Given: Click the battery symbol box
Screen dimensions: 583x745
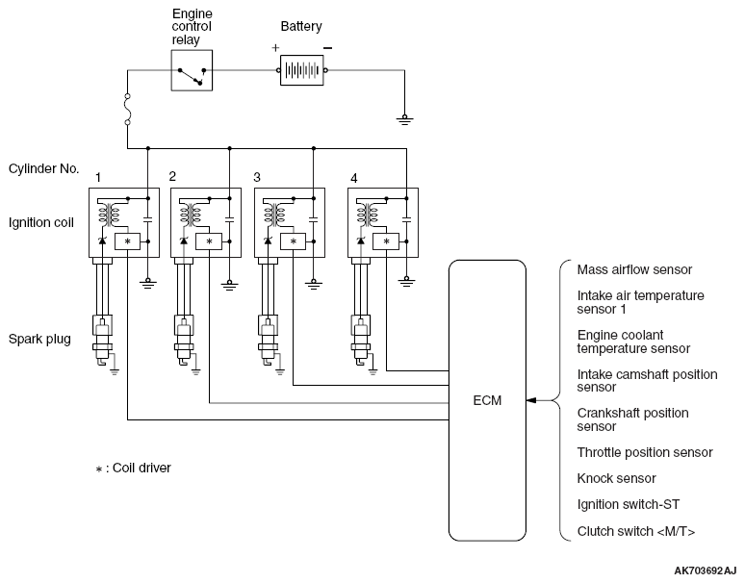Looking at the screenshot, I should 303,70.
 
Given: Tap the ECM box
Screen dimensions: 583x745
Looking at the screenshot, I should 488,400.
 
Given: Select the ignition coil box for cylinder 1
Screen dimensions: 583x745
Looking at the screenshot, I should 121,222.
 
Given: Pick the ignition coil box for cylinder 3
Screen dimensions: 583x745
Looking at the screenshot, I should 286,222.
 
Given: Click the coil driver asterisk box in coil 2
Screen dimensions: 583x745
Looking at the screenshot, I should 209,241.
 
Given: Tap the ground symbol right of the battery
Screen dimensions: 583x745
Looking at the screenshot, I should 405,120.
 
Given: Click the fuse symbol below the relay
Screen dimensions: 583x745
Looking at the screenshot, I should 127,108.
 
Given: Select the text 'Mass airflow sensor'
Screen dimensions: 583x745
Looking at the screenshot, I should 634,269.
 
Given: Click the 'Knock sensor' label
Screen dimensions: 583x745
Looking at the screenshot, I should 616,478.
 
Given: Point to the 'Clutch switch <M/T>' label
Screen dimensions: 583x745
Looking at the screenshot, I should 636,531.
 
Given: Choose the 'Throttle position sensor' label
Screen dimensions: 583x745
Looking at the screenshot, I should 645,452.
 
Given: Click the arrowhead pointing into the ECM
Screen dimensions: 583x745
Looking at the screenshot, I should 532,400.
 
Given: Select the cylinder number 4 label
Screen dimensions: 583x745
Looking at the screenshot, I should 354,178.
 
